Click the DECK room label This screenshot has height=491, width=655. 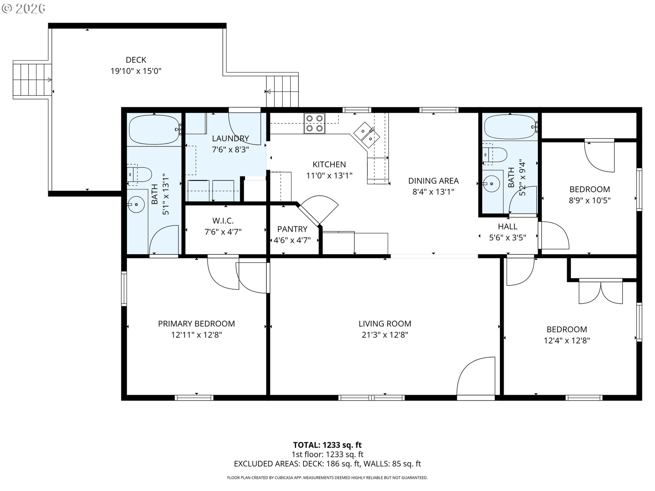(136, 60)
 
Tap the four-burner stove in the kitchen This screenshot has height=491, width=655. (314, 123)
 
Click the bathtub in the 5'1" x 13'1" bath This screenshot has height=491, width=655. (154, 130)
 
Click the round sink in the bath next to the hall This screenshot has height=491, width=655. (491, 184)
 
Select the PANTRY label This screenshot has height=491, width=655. (292, 229)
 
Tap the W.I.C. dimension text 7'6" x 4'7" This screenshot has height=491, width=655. (223, 232)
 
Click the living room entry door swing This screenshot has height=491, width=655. (476, 377)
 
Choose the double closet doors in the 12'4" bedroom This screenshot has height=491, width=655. (600, 292)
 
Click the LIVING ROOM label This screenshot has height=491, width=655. (384, 324)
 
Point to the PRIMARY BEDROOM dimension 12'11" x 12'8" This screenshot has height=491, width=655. (196, 335)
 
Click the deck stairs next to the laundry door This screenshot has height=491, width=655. (282, 91)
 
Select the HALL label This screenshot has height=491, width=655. (507, 226)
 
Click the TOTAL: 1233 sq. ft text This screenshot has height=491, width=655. (327, 445)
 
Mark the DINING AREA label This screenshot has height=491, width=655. (433, 181)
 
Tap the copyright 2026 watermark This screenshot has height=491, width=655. (23, 9)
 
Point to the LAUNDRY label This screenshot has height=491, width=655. (230, 138)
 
